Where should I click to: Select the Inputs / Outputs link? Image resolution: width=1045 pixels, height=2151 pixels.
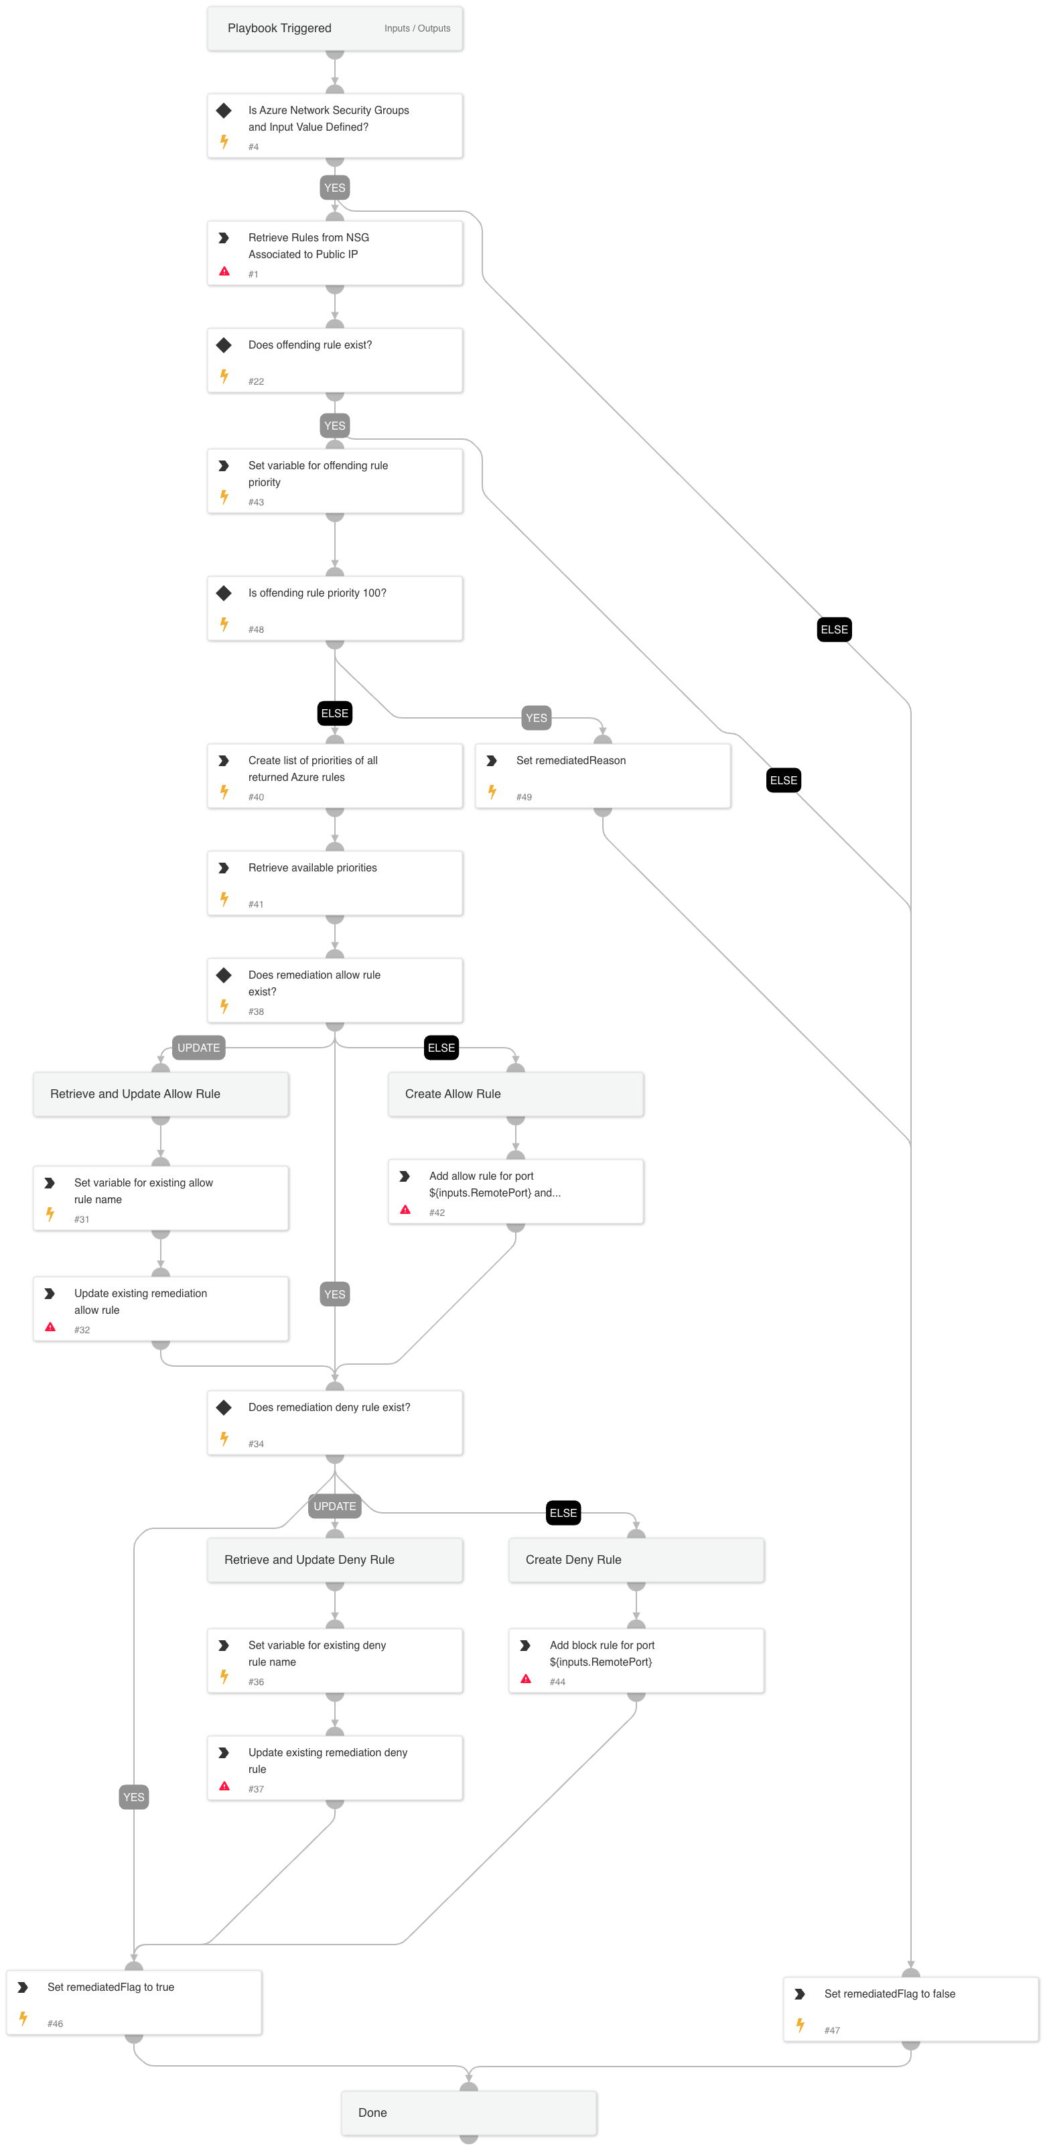[x=417, y=28]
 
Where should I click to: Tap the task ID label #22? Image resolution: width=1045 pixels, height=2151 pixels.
[x=257, y=381]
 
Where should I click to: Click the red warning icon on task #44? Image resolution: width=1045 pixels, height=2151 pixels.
[x=526, y=1678]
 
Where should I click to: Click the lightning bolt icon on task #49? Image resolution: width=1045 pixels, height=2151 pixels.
[x=492, y=791]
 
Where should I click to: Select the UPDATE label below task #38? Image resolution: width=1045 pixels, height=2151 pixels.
[x=199, y=1048]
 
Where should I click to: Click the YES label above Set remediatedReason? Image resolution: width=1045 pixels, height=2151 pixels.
[x=536, y=718]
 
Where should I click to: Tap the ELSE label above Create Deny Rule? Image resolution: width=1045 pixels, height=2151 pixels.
[x=563, y=1513]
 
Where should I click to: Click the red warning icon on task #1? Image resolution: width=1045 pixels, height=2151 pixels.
[x=224, y=271]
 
